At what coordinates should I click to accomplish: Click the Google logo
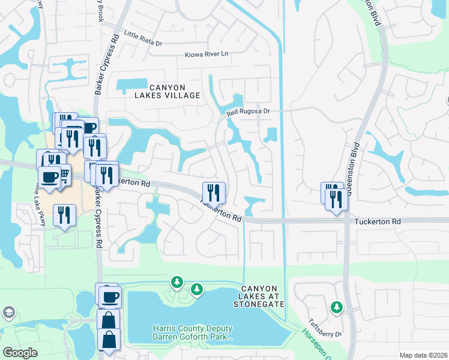click(x=20, y=352)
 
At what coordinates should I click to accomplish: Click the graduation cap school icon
click(x=8, y=312)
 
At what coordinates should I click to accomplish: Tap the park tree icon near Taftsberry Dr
click(x=337, y=307)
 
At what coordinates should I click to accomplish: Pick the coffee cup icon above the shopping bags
click(x=109, y=296)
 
